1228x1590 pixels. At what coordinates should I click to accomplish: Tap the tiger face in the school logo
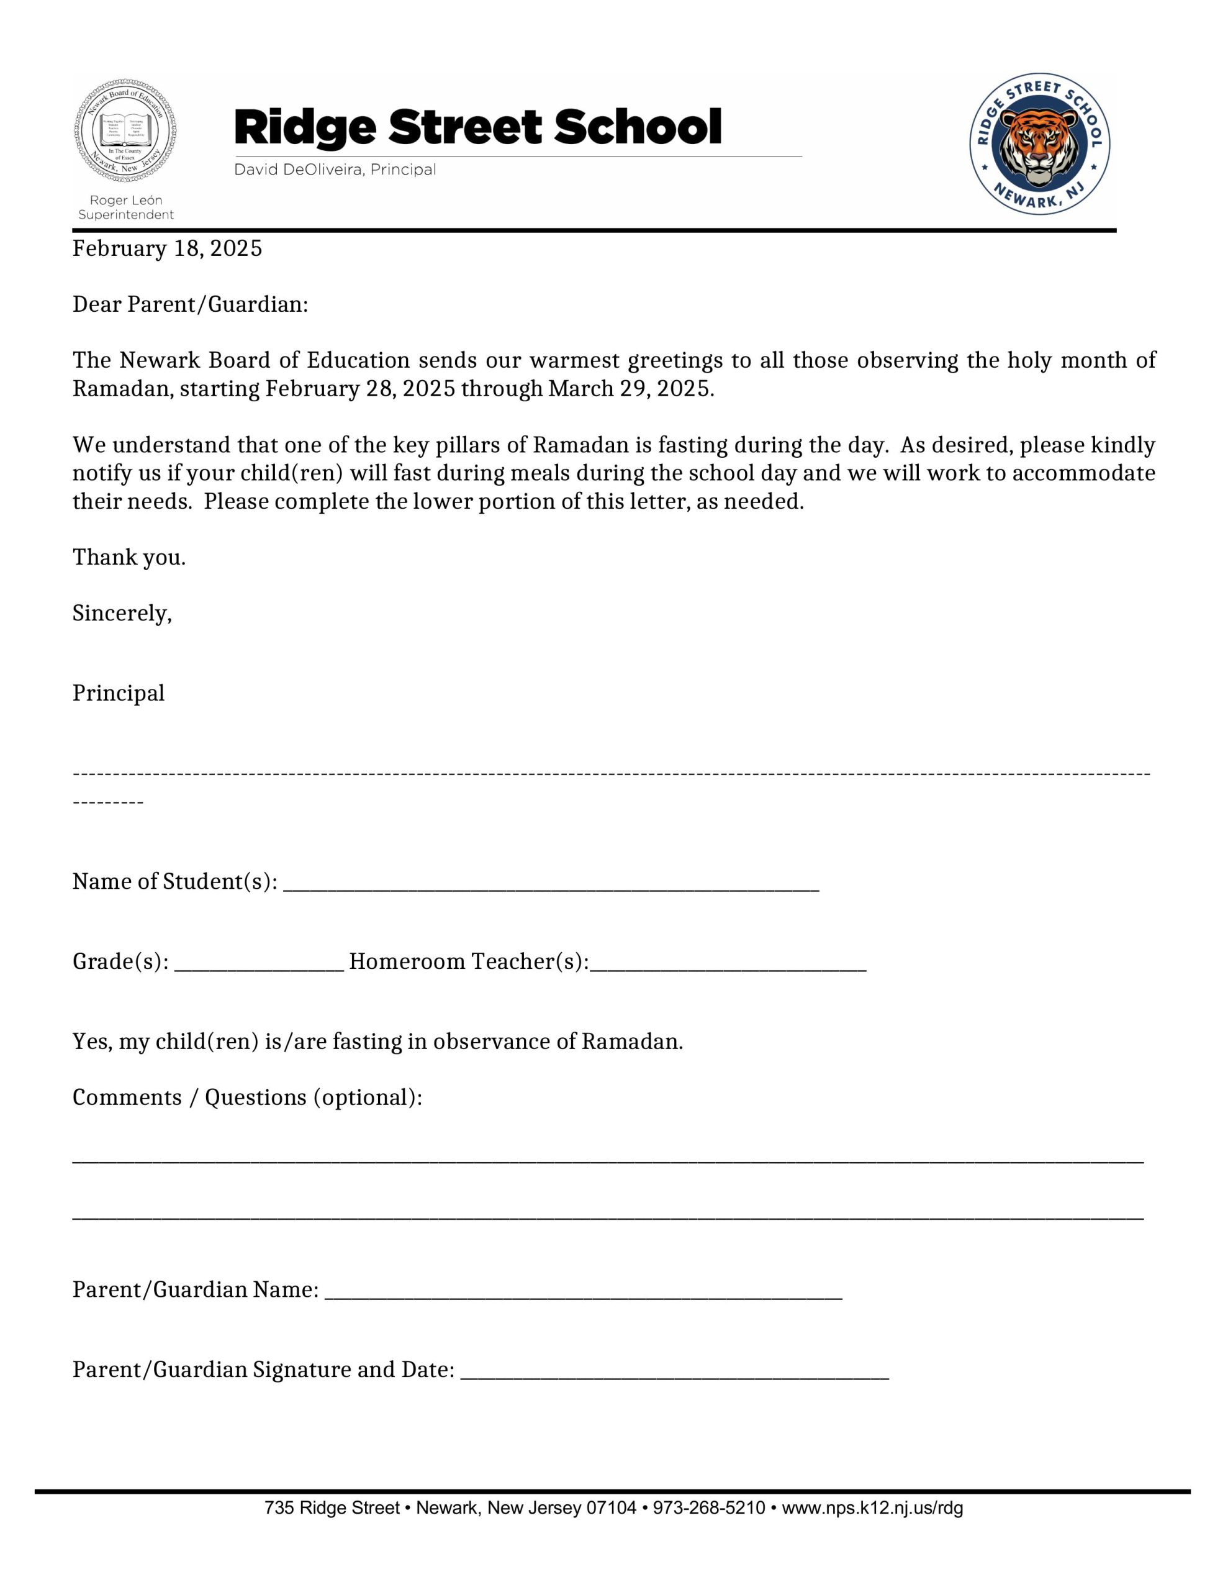[x=1039, y=143]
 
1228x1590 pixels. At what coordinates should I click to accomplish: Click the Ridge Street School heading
[x=477, y=127]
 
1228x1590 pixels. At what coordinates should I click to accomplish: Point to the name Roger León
[x=126, y=199]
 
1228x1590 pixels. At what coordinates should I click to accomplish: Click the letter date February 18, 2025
[x=167, y=249]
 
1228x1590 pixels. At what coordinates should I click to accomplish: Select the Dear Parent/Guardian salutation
[x=190, y=304]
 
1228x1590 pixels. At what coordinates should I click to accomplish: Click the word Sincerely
[x=122, y=614]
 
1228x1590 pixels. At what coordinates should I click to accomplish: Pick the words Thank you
[x=129, y=558]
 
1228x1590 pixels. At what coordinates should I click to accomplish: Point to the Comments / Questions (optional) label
[x=246, y=1097]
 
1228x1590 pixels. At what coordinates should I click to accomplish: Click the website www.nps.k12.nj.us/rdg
[x=872, y=1508]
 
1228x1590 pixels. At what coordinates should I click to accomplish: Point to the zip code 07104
[x=611, y=1508]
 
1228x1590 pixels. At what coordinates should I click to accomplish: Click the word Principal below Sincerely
[x=119, y=693]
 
